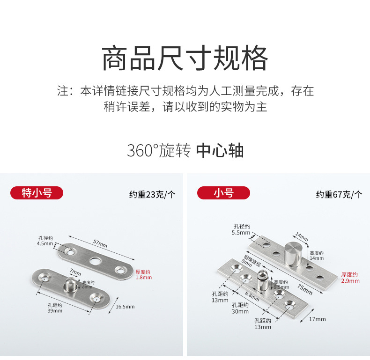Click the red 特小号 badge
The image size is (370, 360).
tap(37, 193)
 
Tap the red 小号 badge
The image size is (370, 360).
tap(223, 193)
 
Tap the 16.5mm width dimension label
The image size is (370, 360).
tap(125, 307)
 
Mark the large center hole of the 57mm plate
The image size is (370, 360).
tap(96, 260)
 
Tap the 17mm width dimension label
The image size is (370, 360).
tap(317, 319)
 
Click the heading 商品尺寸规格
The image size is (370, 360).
tap(185, 58)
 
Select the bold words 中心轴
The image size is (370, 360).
tap(220, 151)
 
